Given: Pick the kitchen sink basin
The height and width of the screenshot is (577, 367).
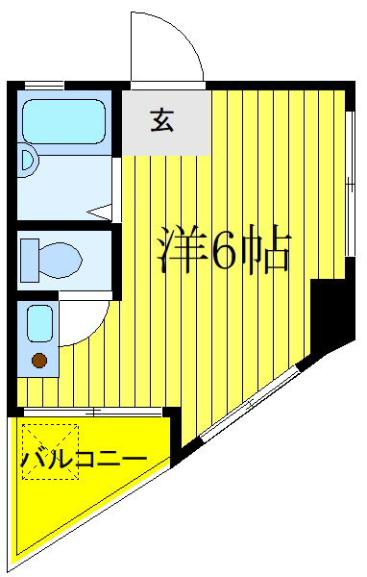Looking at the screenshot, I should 39,322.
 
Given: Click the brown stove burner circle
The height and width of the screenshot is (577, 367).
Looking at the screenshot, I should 39,361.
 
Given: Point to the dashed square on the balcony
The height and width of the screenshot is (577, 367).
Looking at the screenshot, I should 50,452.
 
